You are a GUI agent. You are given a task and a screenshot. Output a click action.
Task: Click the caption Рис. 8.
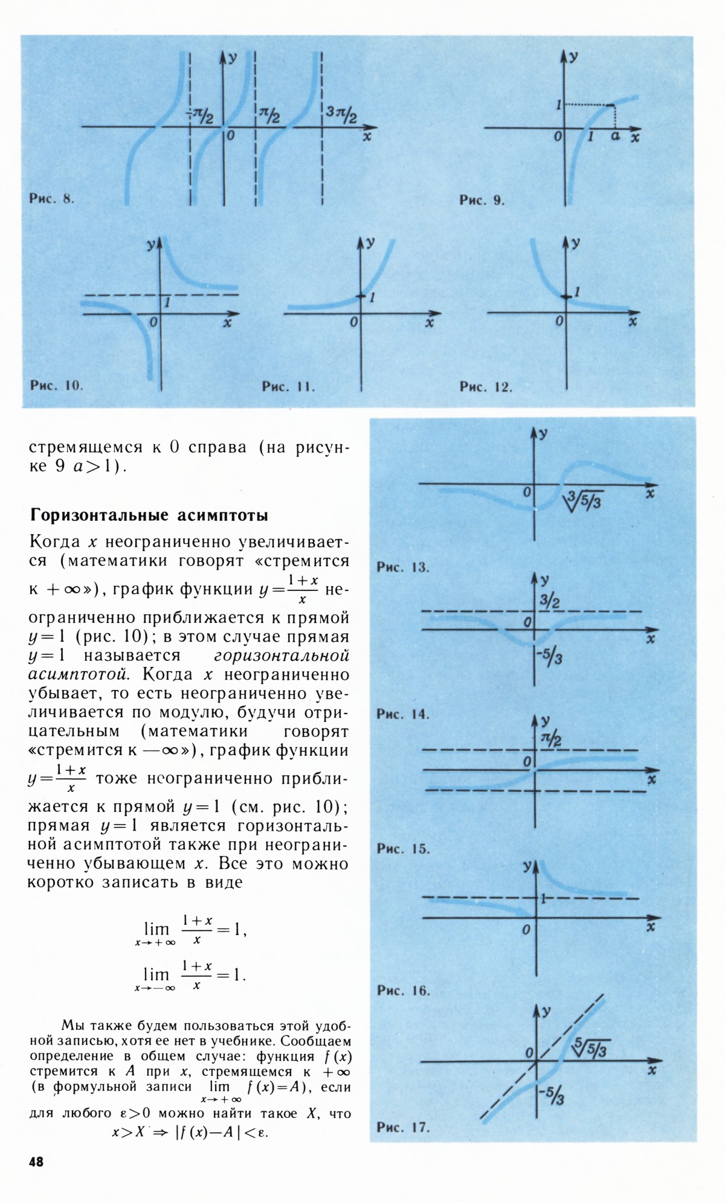tap(51, 199)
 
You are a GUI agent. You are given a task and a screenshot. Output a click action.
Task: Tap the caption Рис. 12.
tap(486, 387)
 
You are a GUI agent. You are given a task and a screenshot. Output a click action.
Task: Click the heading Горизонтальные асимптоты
tap(149, 515)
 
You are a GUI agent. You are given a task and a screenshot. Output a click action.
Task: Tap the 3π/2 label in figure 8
tap(341, 113)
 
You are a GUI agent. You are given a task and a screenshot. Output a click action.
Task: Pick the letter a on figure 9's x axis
tap(615, 136)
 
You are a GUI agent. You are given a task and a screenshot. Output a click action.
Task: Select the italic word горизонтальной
tap(282, 656)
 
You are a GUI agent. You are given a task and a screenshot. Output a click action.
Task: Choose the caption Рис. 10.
tap(56, 385)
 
